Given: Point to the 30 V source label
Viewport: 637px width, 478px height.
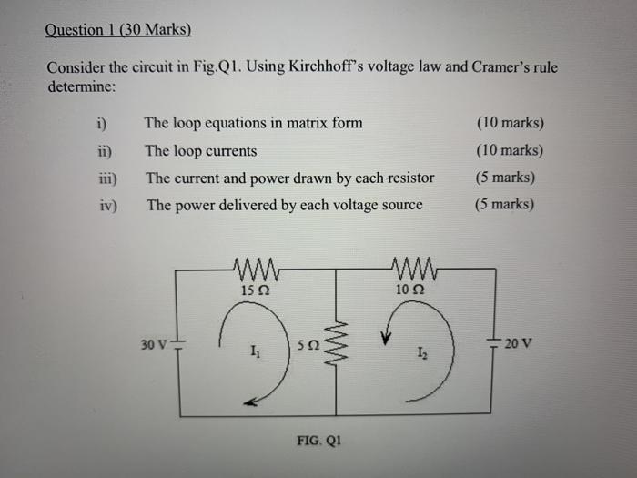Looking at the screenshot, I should [154, 345].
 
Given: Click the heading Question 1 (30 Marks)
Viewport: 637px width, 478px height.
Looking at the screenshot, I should [118, 30].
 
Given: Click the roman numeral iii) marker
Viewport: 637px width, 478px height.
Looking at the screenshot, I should [106, 178].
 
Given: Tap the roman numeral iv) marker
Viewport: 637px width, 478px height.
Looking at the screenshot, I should [106, 206].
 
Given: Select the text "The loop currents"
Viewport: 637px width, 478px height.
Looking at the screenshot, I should [201, 151].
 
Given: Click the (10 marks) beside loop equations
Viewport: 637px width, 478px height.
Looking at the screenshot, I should [510, 123].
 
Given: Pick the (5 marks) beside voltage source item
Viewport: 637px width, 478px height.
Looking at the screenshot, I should [505, 205].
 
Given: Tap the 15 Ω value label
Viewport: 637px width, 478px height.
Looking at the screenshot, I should [255, 290].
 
